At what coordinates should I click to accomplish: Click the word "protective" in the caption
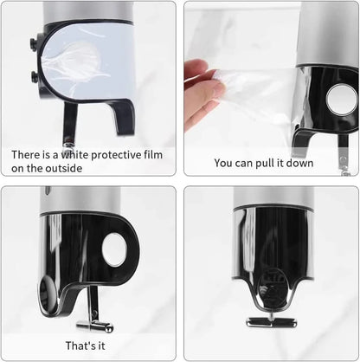point(116,156)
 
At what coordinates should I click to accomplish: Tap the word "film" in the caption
point(153,155)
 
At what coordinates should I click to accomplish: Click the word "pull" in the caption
point(266,164)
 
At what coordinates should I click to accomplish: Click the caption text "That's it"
point(85,346)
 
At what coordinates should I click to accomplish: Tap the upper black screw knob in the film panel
point(34,42)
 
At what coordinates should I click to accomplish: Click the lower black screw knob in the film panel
point(35,76)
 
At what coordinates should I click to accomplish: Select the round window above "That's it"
point(114,249)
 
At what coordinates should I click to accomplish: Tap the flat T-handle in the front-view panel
point(271,322)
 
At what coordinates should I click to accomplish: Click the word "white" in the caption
point(74,155)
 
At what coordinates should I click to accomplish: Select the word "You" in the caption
point(223,163)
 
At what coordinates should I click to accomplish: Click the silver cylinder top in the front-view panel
point(273,197)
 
